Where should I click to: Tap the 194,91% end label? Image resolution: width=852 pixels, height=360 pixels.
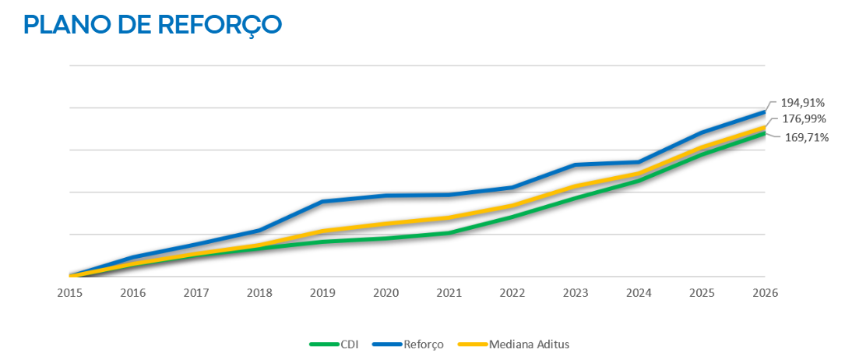coord(803,103)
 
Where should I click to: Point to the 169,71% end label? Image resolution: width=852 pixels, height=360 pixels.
coord(807,138)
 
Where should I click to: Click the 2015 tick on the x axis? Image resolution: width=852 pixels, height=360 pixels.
coord(69,292)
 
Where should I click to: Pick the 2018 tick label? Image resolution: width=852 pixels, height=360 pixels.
coord(259,292)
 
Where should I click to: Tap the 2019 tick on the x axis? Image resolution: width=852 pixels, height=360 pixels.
coord(322,292)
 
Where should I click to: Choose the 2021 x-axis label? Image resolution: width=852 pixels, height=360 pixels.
coord(449,292)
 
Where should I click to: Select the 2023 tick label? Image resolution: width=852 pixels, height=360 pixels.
coord(576,292)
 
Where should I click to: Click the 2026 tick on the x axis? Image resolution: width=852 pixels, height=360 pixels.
coord(765,292)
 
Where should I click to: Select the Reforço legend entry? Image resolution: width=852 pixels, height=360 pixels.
coord(408,344)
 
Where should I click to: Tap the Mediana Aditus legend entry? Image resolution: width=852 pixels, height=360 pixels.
coord(514,344)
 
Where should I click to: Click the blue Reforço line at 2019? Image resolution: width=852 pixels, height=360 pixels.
coord(322,201)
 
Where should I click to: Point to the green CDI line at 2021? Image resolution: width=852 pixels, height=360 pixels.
coord(449,233)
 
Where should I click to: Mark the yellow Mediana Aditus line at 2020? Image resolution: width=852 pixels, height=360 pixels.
coord(386,224)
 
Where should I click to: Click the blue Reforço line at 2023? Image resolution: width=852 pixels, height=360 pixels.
coord(576,164)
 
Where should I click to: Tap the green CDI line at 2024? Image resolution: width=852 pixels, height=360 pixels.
coord(639,180)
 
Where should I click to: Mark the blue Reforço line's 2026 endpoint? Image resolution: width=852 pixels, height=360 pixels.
coord(765,112)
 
